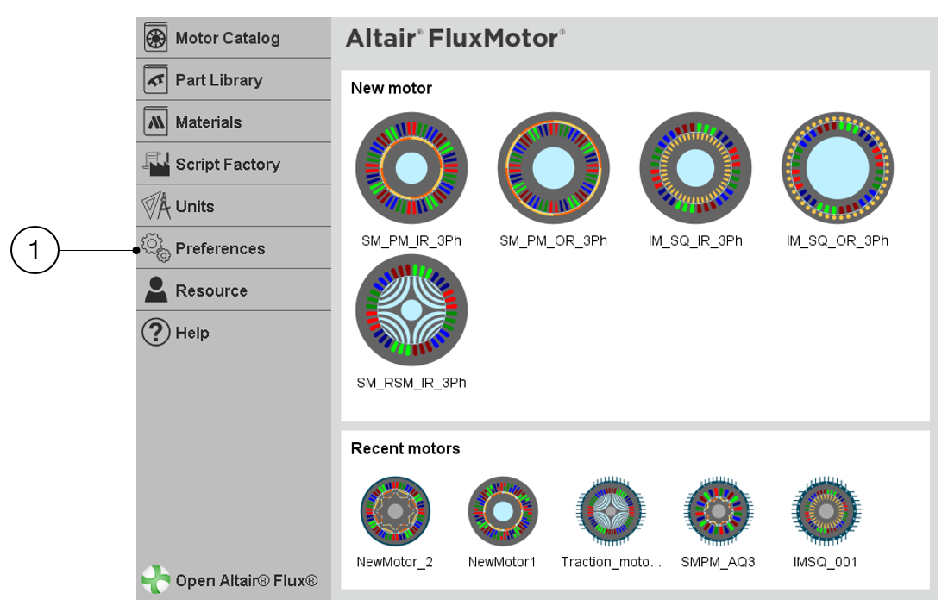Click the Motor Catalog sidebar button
tap(227, 38)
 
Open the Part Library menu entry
tap(218, 80)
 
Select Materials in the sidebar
tap(208, 122)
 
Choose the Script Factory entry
tap(227, 165)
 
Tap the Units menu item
tap(194, 207)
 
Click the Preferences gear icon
tap(155, 248)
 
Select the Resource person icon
tap(155, 290)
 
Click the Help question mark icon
tap(155, 333)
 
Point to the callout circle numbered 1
tap(35, 251)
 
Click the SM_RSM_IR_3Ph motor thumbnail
tap(411, 310)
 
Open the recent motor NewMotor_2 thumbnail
tap(395, 512)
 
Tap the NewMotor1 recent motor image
tap(503, 512)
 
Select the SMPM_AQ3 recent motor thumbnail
tap(719, 512)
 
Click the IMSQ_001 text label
tap(826, 562)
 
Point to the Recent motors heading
tap(405, 448)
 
